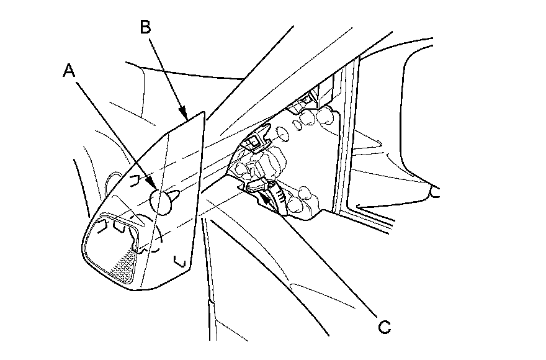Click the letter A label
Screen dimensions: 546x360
tap(69, 71)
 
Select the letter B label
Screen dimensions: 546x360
tap(145, 27)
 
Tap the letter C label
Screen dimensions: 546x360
tap(385, 327)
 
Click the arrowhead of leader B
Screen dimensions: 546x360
tap(186, 117)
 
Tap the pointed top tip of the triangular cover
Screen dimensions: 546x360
tap(203, 112)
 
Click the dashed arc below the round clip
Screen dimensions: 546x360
tap(159, 239)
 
